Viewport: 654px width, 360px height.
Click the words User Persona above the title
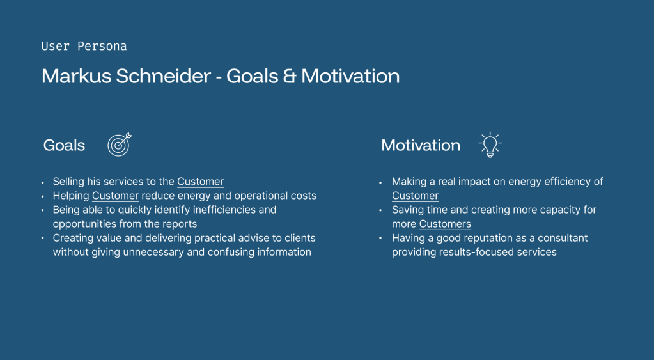(84, 46)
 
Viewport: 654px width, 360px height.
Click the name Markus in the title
(76, 76)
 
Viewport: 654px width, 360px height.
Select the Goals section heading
(64, 145)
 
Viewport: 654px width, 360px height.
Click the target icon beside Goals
(120, 145)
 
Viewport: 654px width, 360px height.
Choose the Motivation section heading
(421, 145)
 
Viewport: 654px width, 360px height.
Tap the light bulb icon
(490, 145)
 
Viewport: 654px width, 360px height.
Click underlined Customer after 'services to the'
(201, 182)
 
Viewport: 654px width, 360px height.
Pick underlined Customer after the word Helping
(115, 196)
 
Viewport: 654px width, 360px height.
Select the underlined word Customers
(445, 224)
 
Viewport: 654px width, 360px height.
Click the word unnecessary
(153, 253)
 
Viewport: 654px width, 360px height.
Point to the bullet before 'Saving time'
(380, 210)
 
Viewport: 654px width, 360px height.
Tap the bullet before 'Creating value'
(43, 239)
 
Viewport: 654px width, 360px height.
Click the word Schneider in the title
(164, 76)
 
